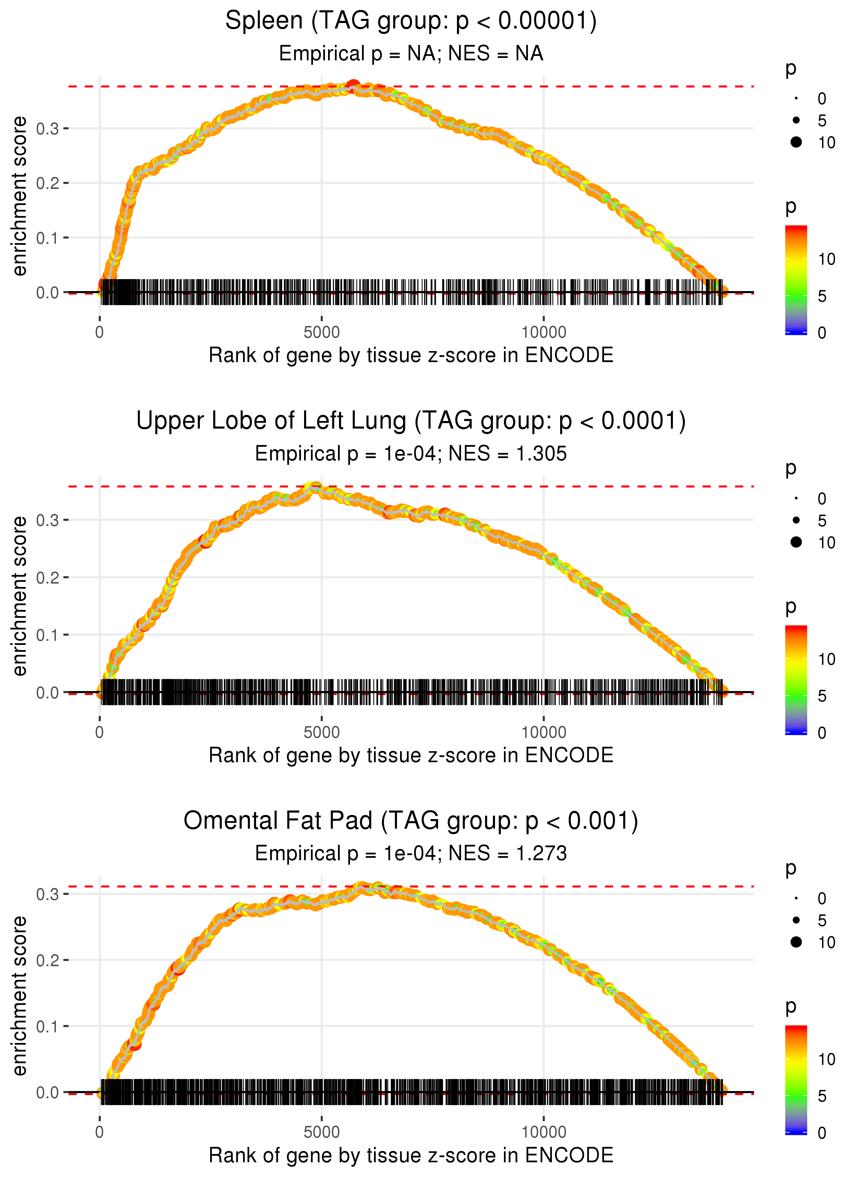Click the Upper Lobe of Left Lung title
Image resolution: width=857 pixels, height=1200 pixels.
coord(411,421)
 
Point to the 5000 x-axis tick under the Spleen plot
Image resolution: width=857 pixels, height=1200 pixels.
coord(322,333)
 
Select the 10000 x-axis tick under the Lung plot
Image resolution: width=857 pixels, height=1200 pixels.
coord(544,732)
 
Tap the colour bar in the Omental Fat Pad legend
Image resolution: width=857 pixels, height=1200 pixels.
coord(796,1079)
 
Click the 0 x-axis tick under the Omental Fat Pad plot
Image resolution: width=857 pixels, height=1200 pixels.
coord(100,1132)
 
